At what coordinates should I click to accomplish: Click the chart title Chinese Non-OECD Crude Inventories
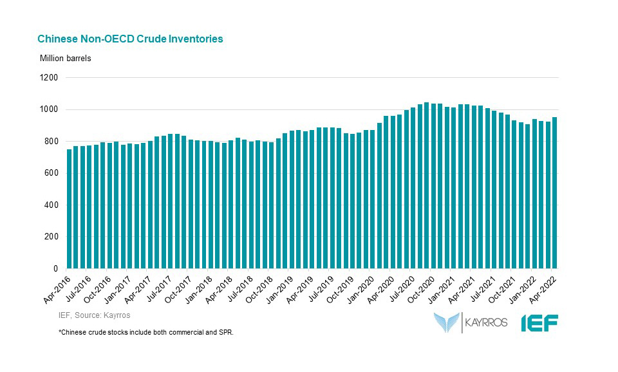[130, 39]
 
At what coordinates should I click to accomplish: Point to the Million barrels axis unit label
[66, 59]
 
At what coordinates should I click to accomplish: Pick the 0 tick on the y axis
[55, 268]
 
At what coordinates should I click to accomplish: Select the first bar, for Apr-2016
[70, 209]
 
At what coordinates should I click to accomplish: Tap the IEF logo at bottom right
[539, 322]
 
